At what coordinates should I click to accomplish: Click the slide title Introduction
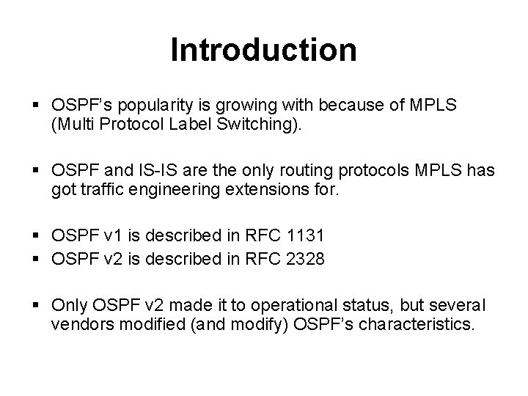pyautogui.click(x=263, y=51)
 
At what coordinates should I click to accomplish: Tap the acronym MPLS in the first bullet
pyautogui.click(x=431, y=106)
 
